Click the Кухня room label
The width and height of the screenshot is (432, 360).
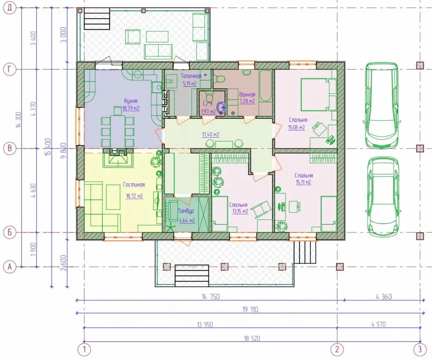click(130, 101)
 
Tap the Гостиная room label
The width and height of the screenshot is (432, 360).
click(134, 185)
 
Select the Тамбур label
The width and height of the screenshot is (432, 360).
click(186, 211)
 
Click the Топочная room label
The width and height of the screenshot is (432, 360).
click(191, 76)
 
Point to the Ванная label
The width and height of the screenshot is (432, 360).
click(247, 95)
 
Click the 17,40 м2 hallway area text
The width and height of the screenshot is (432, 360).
click(210, 135)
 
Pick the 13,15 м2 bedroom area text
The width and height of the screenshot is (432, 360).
click(240, 211)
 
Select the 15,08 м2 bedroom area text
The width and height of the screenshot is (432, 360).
click(296, 127)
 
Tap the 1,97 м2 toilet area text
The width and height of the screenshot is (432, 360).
click(209, 111)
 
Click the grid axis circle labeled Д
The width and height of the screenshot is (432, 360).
click(10, 8)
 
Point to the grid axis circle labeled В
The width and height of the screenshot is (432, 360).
click(10, 148)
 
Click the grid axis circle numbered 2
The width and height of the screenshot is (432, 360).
click(337, 350)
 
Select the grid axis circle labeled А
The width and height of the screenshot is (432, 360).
click(10, 267)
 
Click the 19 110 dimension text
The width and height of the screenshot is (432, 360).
click(250, 309)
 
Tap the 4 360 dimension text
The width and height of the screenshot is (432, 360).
click(384, 297)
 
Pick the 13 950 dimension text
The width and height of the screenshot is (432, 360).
click(205, 325)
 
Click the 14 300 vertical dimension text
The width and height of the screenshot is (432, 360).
click(19, 119)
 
